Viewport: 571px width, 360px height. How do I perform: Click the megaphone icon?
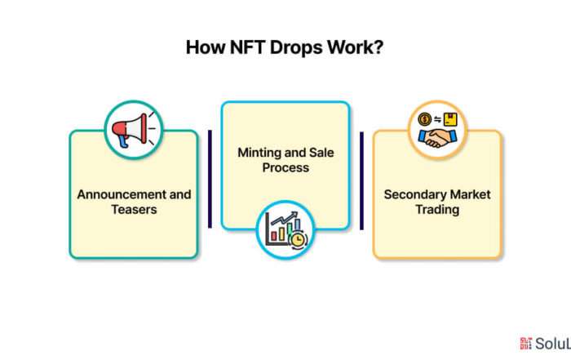tap(133, 130)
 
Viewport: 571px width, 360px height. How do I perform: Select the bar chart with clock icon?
tap(286, 229)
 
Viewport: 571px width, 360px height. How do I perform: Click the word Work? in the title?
tap(355, 47)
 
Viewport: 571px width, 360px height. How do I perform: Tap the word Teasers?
tap(134, 210)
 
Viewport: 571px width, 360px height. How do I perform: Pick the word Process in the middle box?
tap(285, 167)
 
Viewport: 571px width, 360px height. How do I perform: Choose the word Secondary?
tap(415, 194)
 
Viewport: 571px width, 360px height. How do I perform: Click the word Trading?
tap(437, 210)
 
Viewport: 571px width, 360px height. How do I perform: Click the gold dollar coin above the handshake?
tap(425, 119)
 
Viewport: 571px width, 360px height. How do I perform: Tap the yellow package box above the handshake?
tap(450, 119)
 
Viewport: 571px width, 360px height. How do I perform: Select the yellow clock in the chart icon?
tap(298, 239)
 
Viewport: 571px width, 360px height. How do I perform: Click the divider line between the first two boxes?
tap(210, 179)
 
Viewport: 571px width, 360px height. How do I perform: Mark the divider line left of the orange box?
tap(361, 180)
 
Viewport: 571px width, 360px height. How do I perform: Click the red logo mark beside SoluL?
tap(526, 343)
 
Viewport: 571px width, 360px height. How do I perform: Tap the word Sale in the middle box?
tap(321, 153)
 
